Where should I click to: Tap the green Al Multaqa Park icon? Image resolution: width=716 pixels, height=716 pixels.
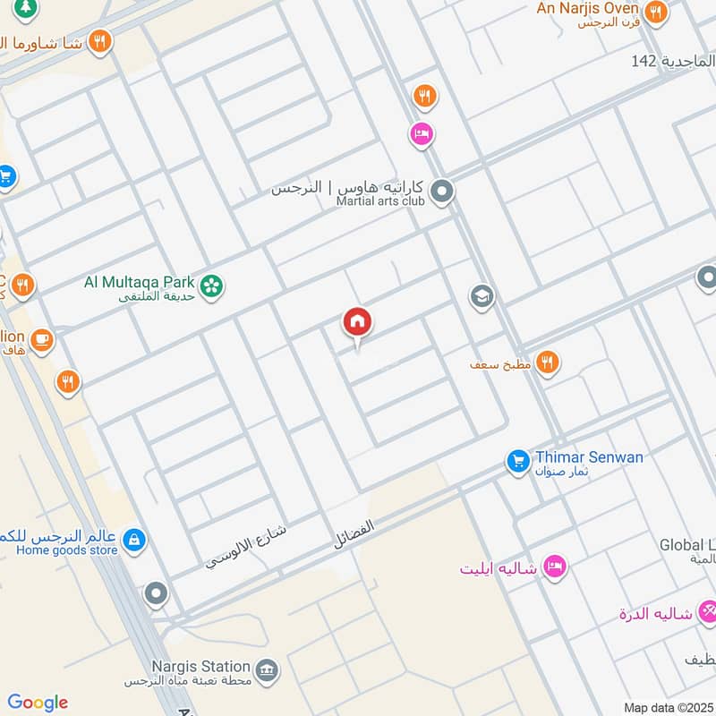212,286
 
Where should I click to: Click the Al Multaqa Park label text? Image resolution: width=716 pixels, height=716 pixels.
139,282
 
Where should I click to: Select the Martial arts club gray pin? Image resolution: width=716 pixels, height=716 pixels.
441,192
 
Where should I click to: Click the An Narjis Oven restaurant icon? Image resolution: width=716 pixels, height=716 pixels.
657,12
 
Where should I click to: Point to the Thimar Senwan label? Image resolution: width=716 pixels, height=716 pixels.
589,457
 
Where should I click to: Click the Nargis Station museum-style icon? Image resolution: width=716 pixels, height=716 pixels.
267,670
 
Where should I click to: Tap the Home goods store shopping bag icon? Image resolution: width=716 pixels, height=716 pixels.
134,540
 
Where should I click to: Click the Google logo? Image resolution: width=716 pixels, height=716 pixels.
38,703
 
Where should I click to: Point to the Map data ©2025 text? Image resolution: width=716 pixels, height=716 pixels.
667,707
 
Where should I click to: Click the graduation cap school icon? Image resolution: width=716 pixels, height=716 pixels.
482,296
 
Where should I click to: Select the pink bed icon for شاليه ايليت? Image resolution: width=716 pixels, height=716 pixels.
555,567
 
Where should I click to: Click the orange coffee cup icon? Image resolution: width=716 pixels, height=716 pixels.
41,339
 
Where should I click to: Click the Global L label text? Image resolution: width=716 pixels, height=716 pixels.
687,544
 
